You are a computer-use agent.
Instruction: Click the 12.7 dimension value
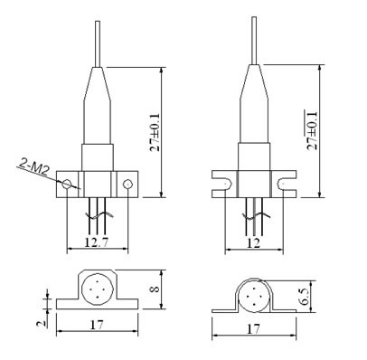point(97,242)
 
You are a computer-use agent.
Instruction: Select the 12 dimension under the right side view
point(253,242)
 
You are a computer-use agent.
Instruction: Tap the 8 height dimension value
point(155,289)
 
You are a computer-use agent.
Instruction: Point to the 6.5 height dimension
point(305,297)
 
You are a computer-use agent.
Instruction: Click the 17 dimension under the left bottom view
point(97,325)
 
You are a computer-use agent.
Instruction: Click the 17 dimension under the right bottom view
point(253,328)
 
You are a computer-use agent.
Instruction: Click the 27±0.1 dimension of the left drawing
point(155,132)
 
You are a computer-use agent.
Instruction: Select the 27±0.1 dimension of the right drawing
point(312,130)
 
